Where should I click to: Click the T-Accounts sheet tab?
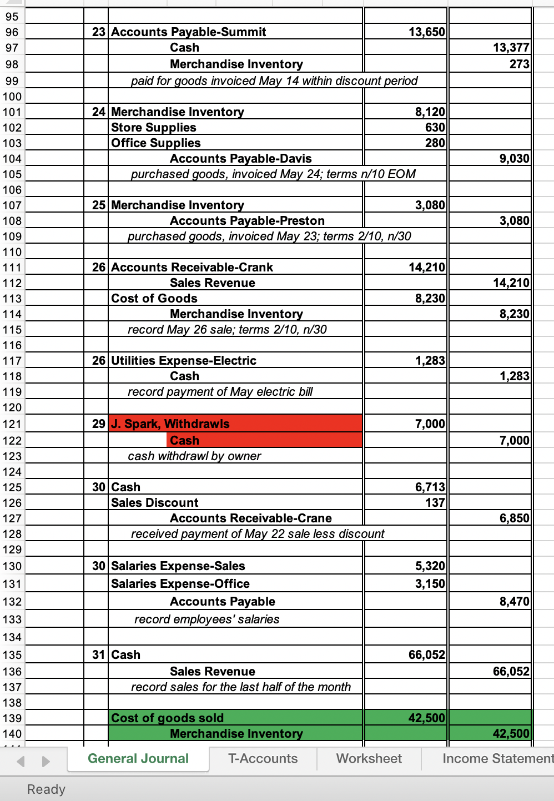[263, 758]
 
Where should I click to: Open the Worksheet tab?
[369, 758]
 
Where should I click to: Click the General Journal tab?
[138, 758]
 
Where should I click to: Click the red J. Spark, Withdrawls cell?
[170, 424]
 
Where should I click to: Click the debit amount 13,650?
[426, 32]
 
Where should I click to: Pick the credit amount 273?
[519, 64]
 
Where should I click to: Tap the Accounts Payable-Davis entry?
[240, 159]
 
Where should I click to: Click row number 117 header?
[12, 361]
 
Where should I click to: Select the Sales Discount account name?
[154, 503]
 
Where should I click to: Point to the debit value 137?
[435, 503]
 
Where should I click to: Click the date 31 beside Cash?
[98, 655]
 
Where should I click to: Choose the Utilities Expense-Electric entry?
[183, 361]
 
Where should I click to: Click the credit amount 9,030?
[514, 159]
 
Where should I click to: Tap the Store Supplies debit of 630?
[435, 128]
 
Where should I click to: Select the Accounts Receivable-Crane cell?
[250, 518]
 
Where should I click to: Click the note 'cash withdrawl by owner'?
[194, 456]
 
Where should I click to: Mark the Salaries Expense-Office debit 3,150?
[430, 584]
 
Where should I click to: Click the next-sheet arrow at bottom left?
[46, 761]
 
